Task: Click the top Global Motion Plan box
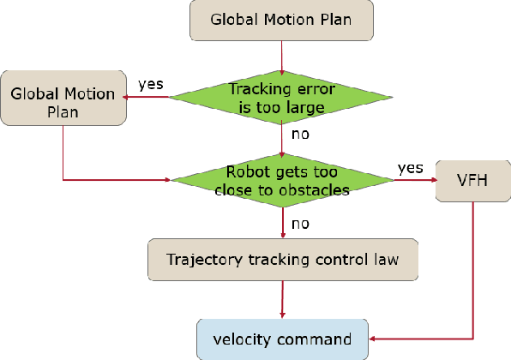tap(281, 21)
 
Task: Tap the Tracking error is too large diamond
tap(282, 97)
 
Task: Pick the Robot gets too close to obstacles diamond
tap(282, 180)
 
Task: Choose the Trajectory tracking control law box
tap(282, 260)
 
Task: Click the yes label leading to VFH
tap(410, 166)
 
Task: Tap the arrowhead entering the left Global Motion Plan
tap(128, 97)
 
